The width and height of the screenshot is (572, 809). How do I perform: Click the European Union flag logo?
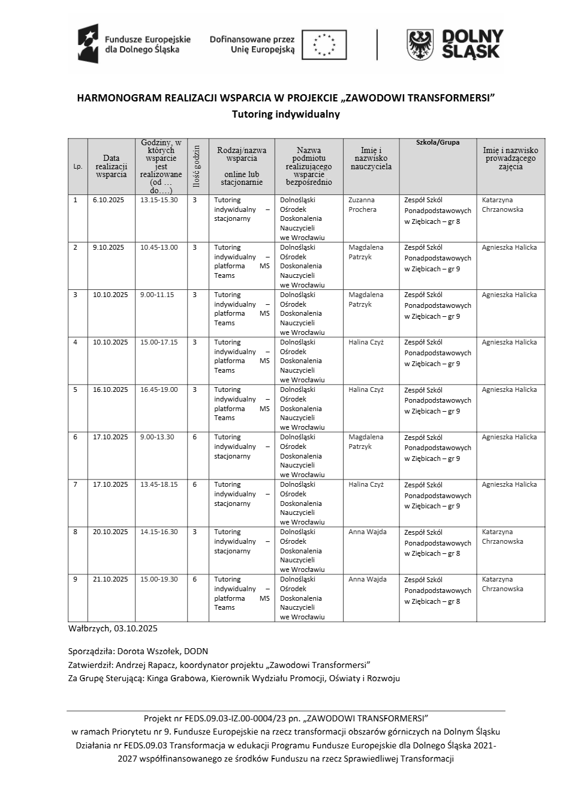[324, 45]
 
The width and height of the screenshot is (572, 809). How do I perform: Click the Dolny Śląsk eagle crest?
[420, 45]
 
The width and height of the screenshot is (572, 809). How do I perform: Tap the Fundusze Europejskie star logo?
[88, 44]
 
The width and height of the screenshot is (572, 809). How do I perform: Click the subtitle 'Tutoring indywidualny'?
[286, 114]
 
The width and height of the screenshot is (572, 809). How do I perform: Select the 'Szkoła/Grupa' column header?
[438, 143]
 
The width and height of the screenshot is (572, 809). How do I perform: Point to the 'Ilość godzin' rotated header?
[195, 166]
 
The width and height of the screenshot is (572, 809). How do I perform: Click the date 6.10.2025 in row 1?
[109, 200]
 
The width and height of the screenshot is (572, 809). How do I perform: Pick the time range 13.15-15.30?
[159, 200]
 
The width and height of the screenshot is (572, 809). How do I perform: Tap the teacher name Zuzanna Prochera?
[362, 205]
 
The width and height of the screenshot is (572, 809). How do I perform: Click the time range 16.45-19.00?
[159, 389]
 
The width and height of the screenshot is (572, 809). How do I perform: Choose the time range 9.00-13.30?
[157, 437]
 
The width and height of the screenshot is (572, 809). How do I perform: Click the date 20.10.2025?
[110, 532]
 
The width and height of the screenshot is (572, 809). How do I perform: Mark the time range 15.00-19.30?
[159, 579]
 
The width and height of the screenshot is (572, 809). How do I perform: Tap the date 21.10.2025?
[110, 579]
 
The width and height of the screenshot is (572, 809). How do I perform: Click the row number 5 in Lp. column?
[76, 389]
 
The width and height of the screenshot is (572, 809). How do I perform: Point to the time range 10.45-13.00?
[159, 247]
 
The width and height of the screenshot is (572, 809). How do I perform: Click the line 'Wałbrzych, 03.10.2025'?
[113, 628]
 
